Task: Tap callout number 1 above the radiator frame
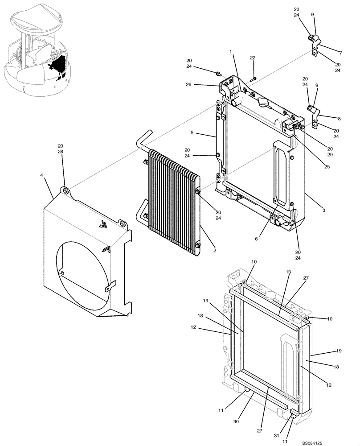(x=231, y=52)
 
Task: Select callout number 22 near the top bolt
(x=253, y=58)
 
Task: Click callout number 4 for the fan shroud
(x=41, y=175)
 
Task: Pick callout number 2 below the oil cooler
(x=214, y=251)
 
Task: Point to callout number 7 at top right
(x=340, y=52)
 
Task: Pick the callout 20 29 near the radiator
(x=330, y=152)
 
